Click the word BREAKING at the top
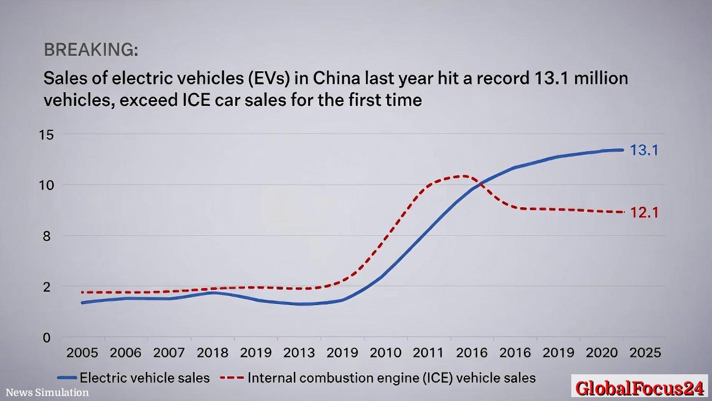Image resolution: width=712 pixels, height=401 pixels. [x=91, y=50]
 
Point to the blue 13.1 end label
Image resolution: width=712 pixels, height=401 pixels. [x=644, y=150]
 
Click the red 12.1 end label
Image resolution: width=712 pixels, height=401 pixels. [x=644, y=212]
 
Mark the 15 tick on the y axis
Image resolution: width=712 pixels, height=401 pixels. [x=46, y=134]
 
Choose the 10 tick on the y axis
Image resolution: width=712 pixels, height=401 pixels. [x=46, y=185]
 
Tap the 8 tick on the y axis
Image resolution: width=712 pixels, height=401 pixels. [x=46, y=236]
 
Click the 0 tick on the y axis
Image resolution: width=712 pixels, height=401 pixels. [x=46, y=338]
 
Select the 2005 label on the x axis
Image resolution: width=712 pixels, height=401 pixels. [x=82, y=353]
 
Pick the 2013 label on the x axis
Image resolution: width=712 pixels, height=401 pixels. [x=299, y=353]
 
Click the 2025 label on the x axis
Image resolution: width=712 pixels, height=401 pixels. [x=646, y=353]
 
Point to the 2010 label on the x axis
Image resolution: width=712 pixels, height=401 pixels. [x=385, y=353]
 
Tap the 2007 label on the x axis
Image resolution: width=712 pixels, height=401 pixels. [x=169, y=353]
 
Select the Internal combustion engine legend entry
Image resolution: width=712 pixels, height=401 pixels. [x=378, y=378]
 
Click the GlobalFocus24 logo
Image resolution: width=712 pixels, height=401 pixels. [x=640, y=388]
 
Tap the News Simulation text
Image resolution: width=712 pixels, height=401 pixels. [x=47, y=393]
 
